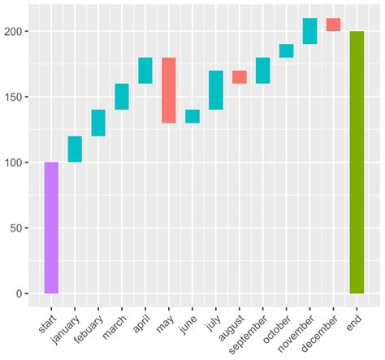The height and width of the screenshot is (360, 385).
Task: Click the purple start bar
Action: tap(51, 228)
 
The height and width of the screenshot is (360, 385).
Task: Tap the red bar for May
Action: tap(169, 90)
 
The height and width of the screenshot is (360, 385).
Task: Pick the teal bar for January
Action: tap(75, 150)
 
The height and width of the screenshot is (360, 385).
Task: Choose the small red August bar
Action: tap(240, 77)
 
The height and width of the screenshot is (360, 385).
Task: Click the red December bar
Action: tap(333, 24)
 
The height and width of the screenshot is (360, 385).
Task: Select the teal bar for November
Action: tap(309, 31)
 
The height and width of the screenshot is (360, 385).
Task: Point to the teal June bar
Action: tap(192, 116)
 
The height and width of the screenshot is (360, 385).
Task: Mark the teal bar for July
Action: tap(216, 90)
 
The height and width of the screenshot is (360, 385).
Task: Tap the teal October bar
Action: tap(286, 51)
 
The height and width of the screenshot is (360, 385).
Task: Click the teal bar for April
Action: tap(145, 71)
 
